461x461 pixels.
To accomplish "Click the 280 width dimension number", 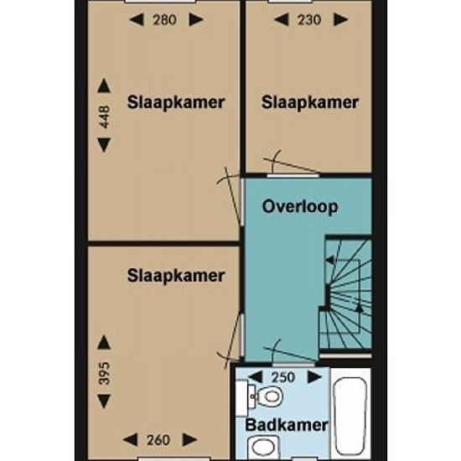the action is click(164, 20).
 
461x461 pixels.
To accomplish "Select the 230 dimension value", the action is click(308, 20).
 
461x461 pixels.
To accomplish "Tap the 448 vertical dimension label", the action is click(105, 117).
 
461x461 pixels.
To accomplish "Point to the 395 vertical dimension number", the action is click(105, 373).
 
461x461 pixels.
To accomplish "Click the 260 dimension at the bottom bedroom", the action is click(158, 440).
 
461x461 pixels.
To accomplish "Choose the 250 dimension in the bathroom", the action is click(282, 377).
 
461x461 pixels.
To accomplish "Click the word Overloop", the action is click(300, 206).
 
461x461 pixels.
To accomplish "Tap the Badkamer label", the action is click(287, 425).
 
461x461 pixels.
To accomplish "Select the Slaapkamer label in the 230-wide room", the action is click(310, 102).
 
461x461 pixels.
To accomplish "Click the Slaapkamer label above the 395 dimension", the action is click(176, 276).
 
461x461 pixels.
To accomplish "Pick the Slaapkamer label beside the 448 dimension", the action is click(176, 102).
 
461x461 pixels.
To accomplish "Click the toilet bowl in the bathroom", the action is click(270, 396).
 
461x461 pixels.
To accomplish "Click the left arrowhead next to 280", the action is click(137, 20).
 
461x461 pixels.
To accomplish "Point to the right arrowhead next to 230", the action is click(341, 20).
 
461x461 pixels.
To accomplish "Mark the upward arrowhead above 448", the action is click(104, 85).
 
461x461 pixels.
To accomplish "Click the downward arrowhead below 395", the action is click(104, 401).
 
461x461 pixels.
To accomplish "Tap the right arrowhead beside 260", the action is click(190, 440).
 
